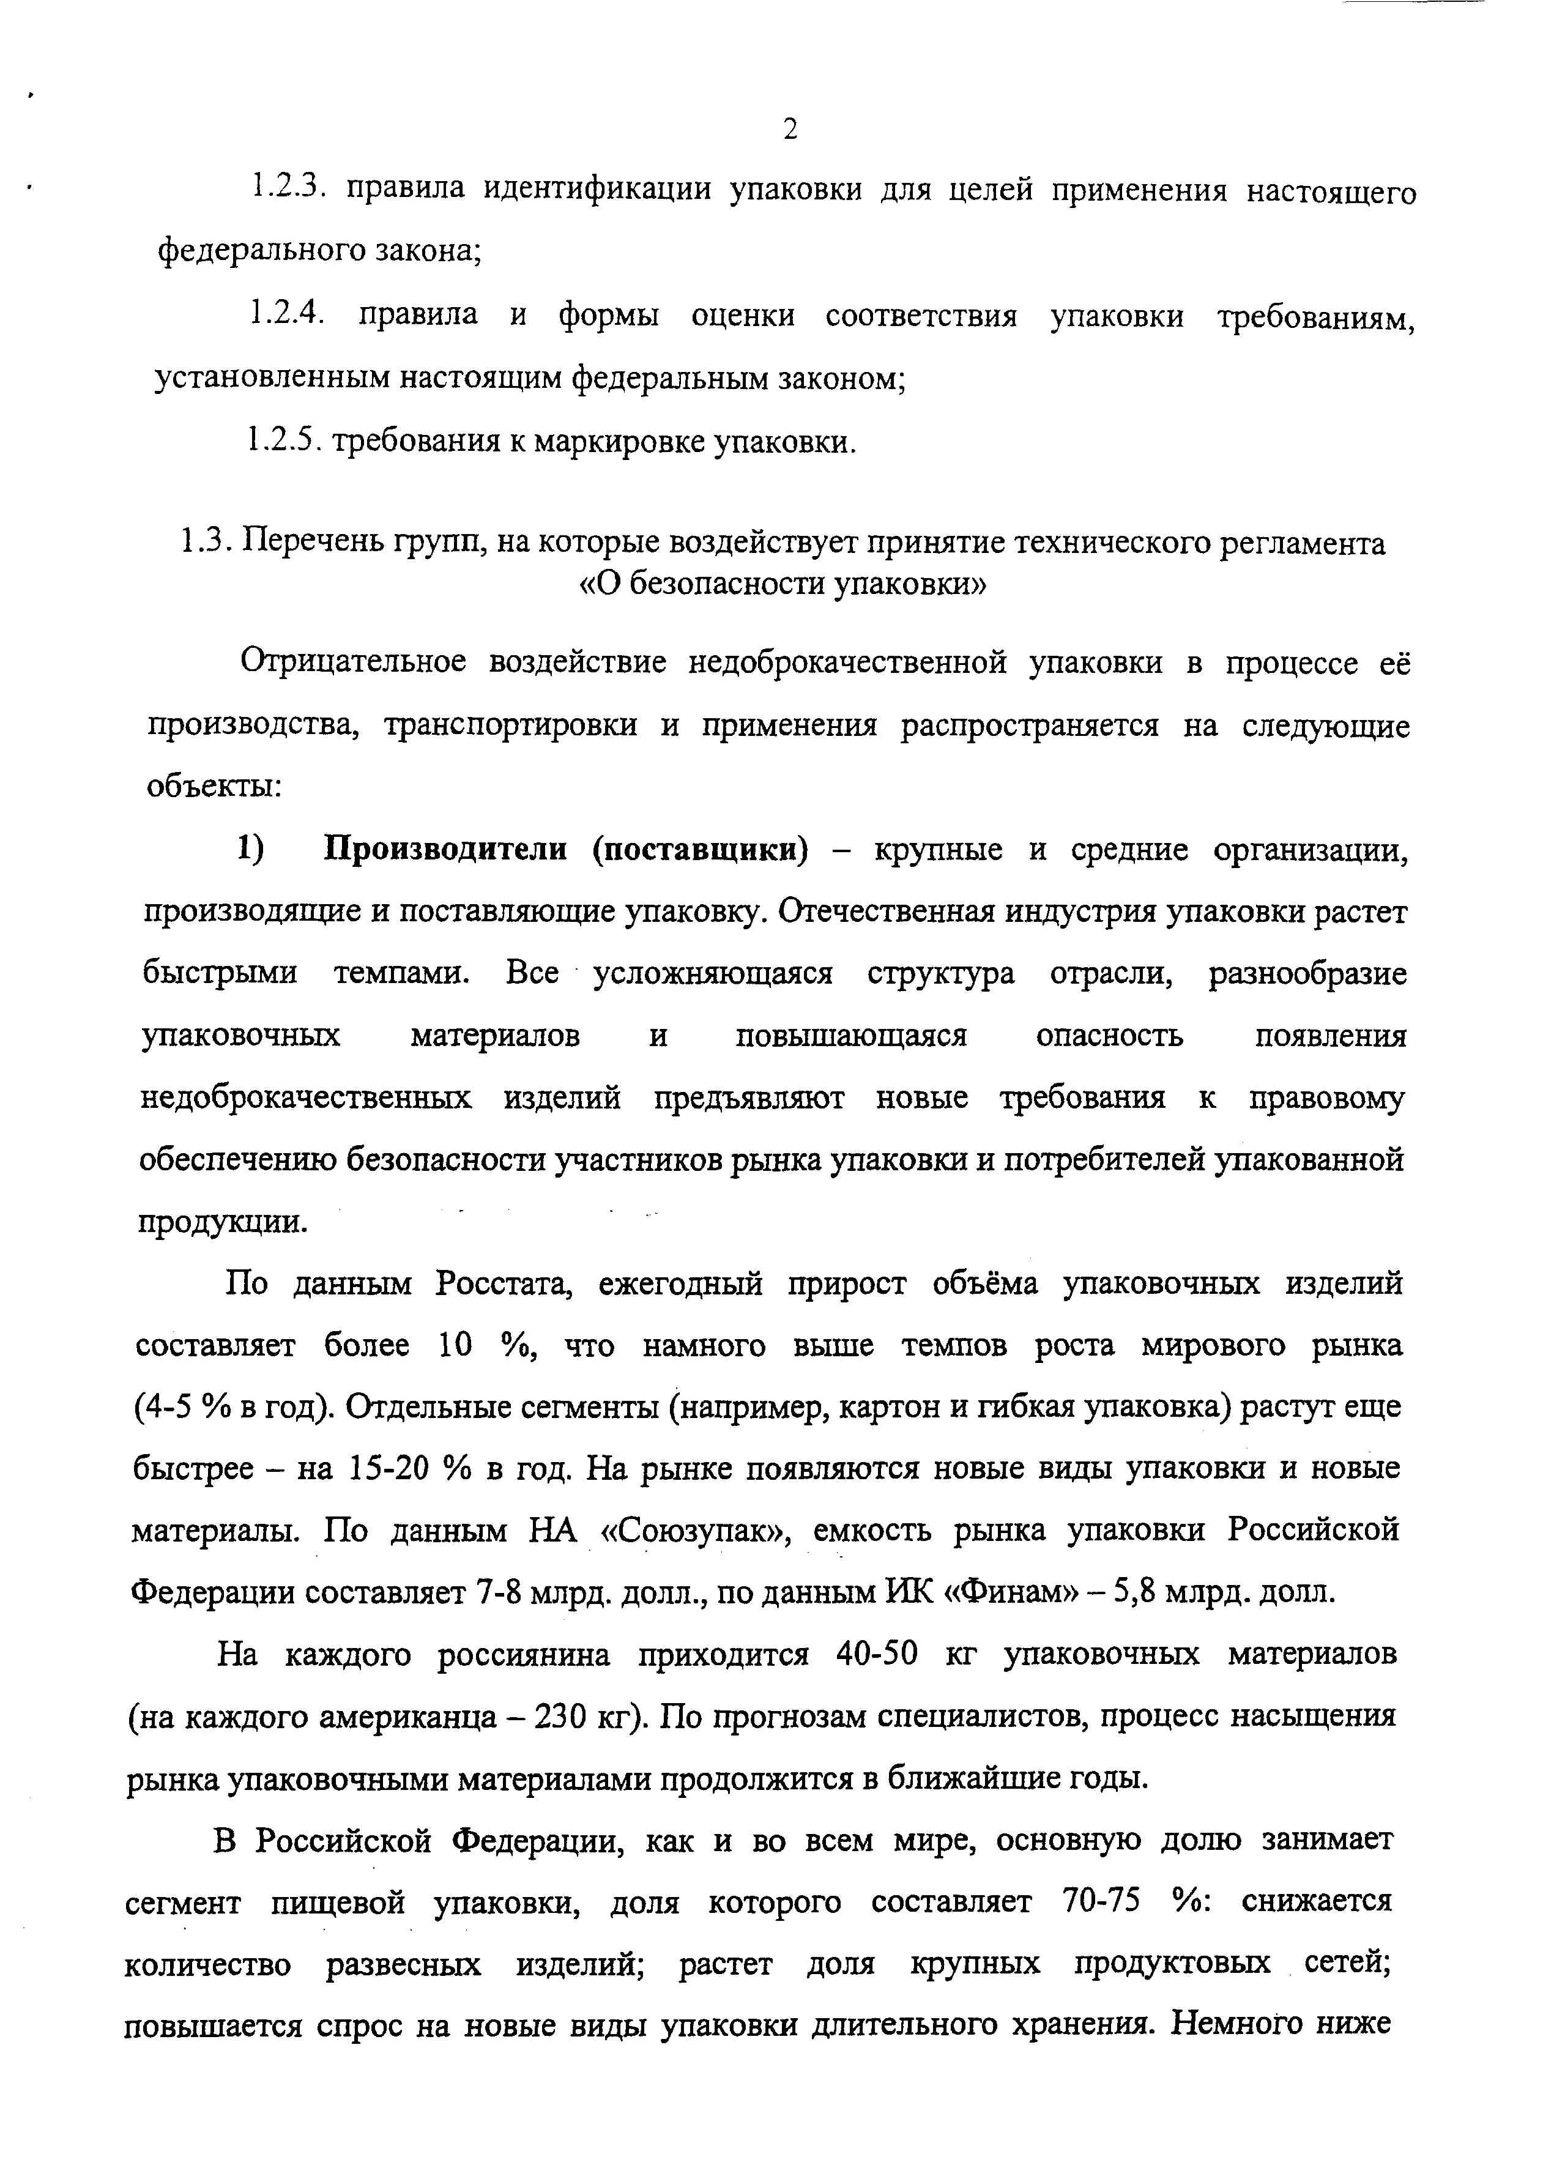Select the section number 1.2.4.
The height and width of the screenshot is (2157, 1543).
pos(287,314)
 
